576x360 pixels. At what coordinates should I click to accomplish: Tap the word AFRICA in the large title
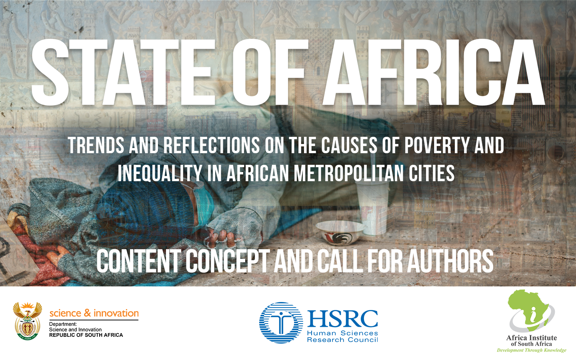pyautogui.click(x=434, y=72)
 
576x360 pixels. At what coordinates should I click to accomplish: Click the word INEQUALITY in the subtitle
pyautogui.click(x=160, y=173)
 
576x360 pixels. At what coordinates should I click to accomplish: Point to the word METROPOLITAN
pyautogui.click(x=349, y=173)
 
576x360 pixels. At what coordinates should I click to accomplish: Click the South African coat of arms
pyautogui.click(x=28, y=321)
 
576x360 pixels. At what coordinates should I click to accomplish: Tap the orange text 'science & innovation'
pyautogui.click(x=94, y=313)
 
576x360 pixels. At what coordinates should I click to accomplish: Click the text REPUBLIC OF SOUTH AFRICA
pyautogui.click(x=86, y=335)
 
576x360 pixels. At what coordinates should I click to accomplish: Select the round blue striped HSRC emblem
pyautogui.click(x=281, y=322)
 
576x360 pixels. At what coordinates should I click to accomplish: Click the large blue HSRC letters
pyautogui.click(x=342, y=318)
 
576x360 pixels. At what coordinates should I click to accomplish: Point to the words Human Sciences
pyautogui.click(x=342, y=333)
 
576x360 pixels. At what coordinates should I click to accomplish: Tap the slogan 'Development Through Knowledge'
pyautogui.click(x=532, y=350)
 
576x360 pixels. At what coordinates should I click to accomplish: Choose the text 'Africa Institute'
pyautogui.click(x=532, y=338)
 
